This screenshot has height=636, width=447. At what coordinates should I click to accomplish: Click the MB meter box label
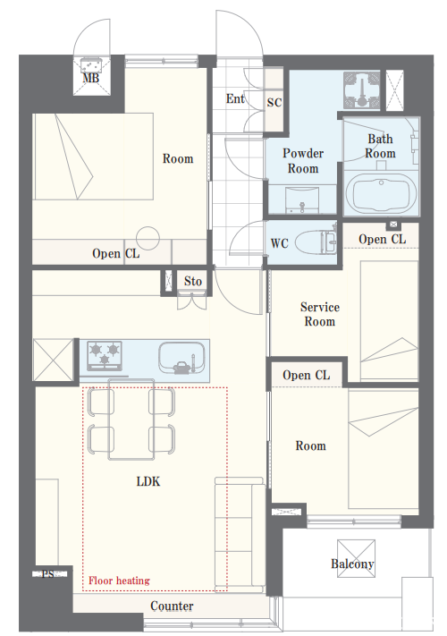91,78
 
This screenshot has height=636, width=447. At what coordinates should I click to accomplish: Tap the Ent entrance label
235,98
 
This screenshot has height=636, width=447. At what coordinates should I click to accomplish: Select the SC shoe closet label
274,103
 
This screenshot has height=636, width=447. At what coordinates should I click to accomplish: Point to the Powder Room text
303,161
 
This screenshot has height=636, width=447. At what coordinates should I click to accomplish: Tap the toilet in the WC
316,242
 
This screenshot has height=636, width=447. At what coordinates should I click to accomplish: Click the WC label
279,243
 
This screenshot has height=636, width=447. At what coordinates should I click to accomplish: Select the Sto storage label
192,281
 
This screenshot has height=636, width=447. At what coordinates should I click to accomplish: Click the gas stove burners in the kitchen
105,355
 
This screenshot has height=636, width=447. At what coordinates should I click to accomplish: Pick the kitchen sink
181,358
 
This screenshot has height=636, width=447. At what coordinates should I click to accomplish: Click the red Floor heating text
119,581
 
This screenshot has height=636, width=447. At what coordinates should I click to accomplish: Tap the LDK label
148,481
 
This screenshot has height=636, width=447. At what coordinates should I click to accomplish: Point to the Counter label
172,606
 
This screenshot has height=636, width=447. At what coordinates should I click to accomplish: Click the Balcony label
352,564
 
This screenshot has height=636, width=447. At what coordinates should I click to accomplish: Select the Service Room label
320,314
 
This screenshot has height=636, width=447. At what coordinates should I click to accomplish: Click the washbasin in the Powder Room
301,199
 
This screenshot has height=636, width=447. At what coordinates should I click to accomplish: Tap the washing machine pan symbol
361,90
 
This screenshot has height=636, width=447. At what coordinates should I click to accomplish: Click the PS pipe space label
48,574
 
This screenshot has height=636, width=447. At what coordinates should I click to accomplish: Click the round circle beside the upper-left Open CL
148,238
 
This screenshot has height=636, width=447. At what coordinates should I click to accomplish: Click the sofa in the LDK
240,534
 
